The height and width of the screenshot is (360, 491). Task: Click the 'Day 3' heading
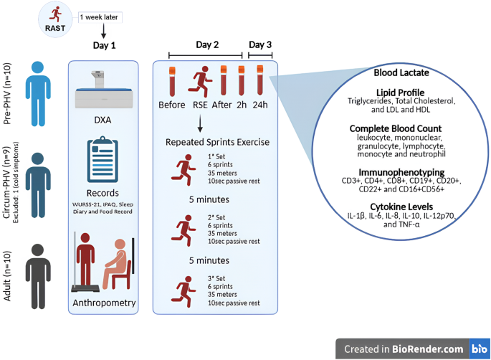coord(259,44)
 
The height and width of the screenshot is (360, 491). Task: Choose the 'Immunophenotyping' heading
coord(403,173)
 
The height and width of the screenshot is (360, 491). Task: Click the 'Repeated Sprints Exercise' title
coord(217,142)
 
